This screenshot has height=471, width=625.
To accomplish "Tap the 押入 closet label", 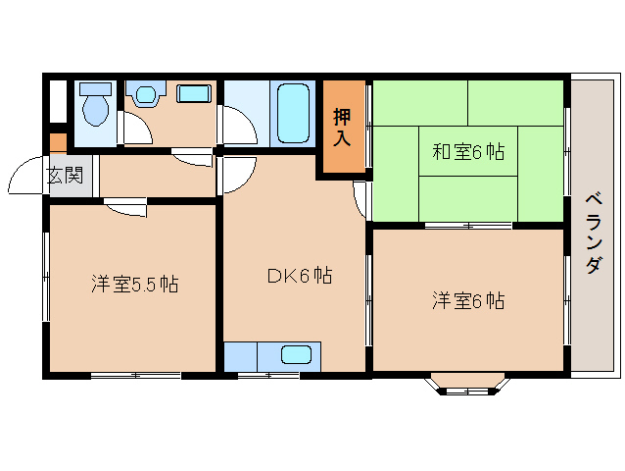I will click(x=340, y=126).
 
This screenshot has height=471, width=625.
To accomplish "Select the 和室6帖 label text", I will click(x=468, y=152).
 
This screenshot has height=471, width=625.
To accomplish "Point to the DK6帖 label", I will click(x=299, y=276).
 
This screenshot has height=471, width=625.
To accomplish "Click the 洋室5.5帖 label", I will click(x=134, y=285).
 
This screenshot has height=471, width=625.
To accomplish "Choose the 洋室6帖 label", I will click(x=468, y=300).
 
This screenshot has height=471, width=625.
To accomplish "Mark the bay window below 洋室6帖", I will click(x=466, y=385).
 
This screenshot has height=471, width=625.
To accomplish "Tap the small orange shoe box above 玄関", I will click(x=59, y=141).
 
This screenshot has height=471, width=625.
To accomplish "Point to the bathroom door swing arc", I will click(x=236, y=125).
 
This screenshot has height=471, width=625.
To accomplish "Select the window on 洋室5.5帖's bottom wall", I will click(x=135, y=375).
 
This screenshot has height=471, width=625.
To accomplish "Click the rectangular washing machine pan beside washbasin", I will click(x=194, y=94).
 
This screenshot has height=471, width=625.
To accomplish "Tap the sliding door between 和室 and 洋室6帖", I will click(x=468, y=226).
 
